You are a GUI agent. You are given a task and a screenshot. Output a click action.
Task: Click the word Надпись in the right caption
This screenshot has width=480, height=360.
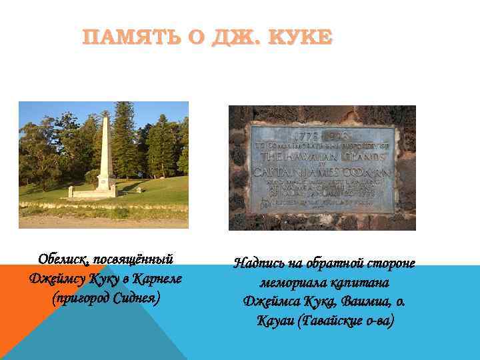click(261, 263)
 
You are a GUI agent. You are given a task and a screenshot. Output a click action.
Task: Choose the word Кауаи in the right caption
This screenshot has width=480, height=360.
click(275, 321)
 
